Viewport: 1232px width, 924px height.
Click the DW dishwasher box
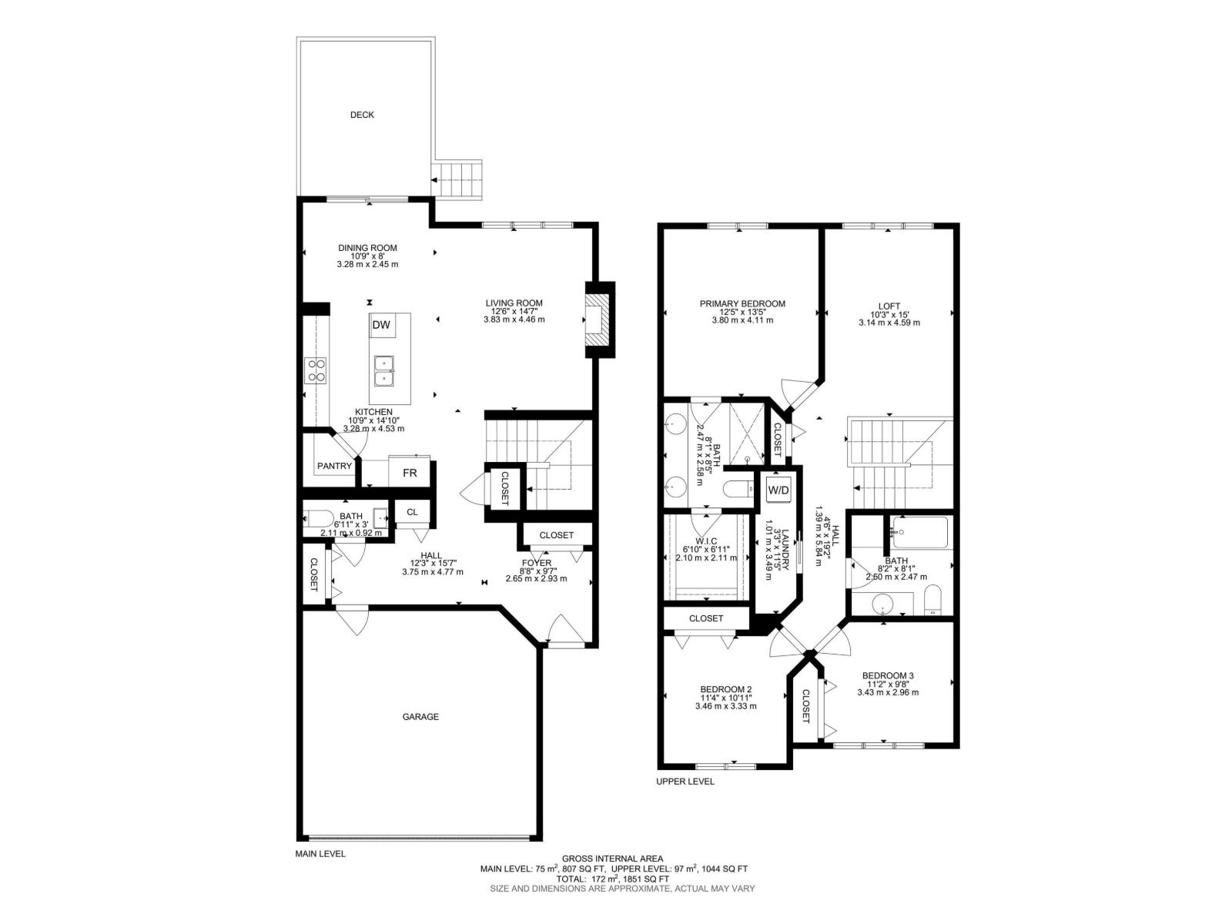tap(381, 326)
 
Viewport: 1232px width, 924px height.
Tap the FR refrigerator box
tap(409, 473)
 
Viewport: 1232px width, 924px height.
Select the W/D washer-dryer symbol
tap(778, 490)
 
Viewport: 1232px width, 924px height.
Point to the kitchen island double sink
tap(384, 371)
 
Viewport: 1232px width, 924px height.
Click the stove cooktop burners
tap(316, 370)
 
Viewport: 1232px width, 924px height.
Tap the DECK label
tap(362, 115)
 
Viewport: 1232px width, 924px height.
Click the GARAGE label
tap(420, 717)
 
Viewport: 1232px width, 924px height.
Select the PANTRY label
tap(334, 466)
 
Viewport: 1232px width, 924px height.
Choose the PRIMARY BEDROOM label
tap(742, 304)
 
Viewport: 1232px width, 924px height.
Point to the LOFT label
tap(889, 306)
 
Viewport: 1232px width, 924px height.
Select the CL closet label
tap(412, 511)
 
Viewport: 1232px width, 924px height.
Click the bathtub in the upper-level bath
tap(919, 532)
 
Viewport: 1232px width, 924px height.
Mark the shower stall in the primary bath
tap(746, 433)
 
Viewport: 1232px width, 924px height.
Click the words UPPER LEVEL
tap(685, 782)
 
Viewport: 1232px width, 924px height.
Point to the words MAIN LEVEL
tap(320, 854)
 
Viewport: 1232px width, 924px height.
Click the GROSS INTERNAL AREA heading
tap(612, 859)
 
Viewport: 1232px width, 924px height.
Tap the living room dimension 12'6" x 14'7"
tap(514, 311)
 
